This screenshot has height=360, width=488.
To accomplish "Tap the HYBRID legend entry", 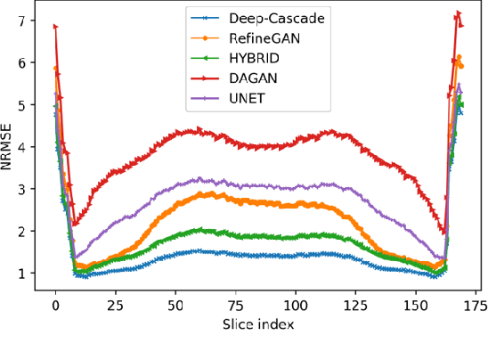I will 244,57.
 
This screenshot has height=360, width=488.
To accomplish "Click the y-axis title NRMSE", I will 8,148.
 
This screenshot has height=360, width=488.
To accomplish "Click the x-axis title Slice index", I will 257,325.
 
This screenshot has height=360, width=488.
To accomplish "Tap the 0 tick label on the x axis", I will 55,305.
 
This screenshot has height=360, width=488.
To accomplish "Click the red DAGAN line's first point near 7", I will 55,26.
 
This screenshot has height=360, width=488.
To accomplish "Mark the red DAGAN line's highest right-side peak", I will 458,13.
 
